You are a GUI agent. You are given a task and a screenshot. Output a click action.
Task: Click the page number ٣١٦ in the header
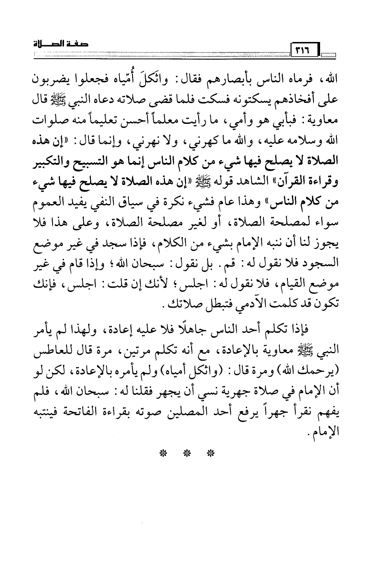tap(302, 51)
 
